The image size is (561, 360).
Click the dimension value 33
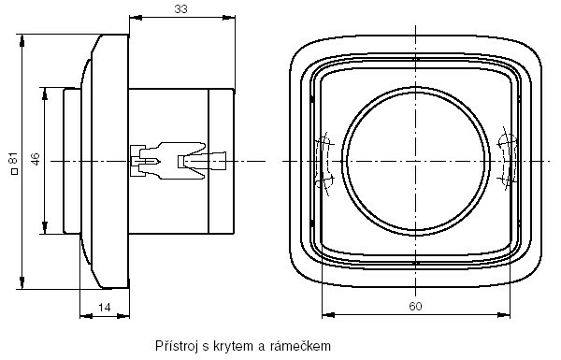tap(180, 9)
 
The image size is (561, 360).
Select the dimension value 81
tap(13, 159)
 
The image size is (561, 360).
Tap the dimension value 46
tap(36, 159)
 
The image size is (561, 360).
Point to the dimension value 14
tap(105, 308)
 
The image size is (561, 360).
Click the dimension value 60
tap(415, 307)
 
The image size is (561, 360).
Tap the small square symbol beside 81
tap(14, 171)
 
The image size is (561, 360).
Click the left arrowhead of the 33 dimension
tap(136, 17)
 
